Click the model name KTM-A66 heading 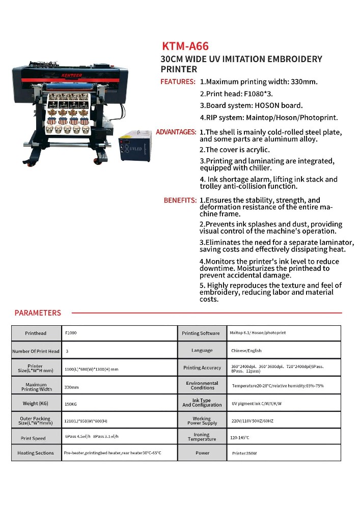click(185, 46)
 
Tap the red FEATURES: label click(178, 81)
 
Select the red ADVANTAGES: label click(176, 132)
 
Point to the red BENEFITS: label click(180, 201)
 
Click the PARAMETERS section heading click(38, 313)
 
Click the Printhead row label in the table click(36, 333)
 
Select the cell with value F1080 click(71, 333)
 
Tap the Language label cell click(202, 351)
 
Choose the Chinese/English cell click(246, 351)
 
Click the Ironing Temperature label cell click(202, 437)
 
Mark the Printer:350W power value click(244, 453)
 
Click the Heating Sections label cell click(36, 453)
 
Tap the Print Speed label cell click(34, 438)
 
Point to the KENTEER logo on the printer click(58, 75)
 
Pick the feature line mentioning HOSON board click(251, 105)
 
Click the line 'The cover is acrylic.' click(234, 150)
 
